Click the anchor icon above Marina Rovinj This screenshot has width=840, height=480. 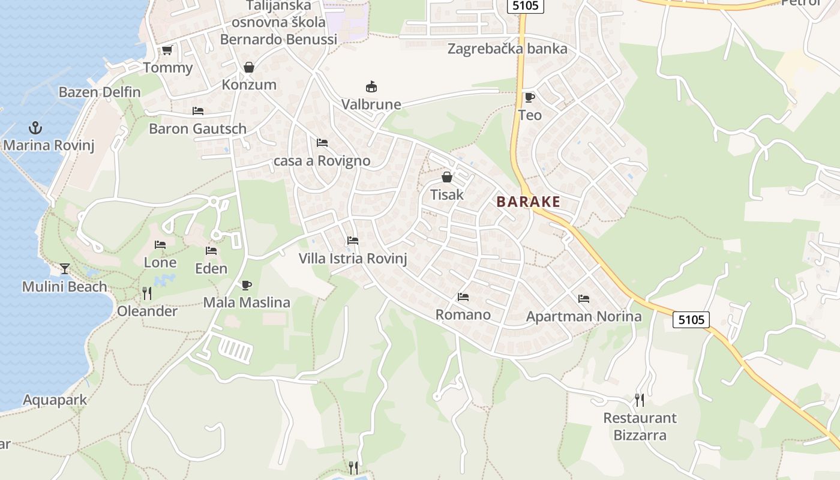35,127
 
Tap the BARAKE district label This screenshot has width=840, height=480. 528,202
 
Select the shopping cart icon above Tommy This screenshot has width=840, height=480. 167,50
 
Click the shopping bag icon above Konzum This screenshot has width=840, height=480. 249,67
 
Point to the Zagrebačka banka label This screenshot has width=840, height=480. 507,49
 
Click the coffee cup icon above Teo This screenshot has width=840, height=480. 529,97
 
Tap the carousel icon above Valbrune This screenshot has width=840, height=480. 371,87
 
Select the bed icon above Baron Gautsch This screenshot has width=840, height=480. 198,111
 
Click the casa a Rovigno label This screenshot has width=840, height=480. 322,161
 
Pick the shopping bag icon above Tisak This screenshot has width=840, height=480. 447,177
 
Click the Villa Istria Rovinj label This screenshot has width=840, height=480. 353,259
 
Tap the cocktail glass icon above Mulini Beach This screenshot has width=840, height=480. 65,268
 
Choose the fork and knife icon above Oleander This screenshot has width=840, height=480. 147,293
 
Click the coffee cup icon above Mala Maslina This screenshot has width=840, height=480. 246,285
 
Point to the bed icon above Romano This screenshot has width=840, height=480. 463,297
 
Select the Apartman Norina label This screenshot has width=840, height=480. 584,316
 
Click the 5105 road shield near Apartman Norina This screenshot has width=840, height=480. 691,320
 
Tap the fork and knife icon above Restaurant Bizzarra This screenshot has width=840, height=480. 640,400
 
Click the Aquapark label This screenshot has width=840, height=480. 55,400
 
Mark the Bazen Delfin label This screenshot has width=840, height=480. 100,92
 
